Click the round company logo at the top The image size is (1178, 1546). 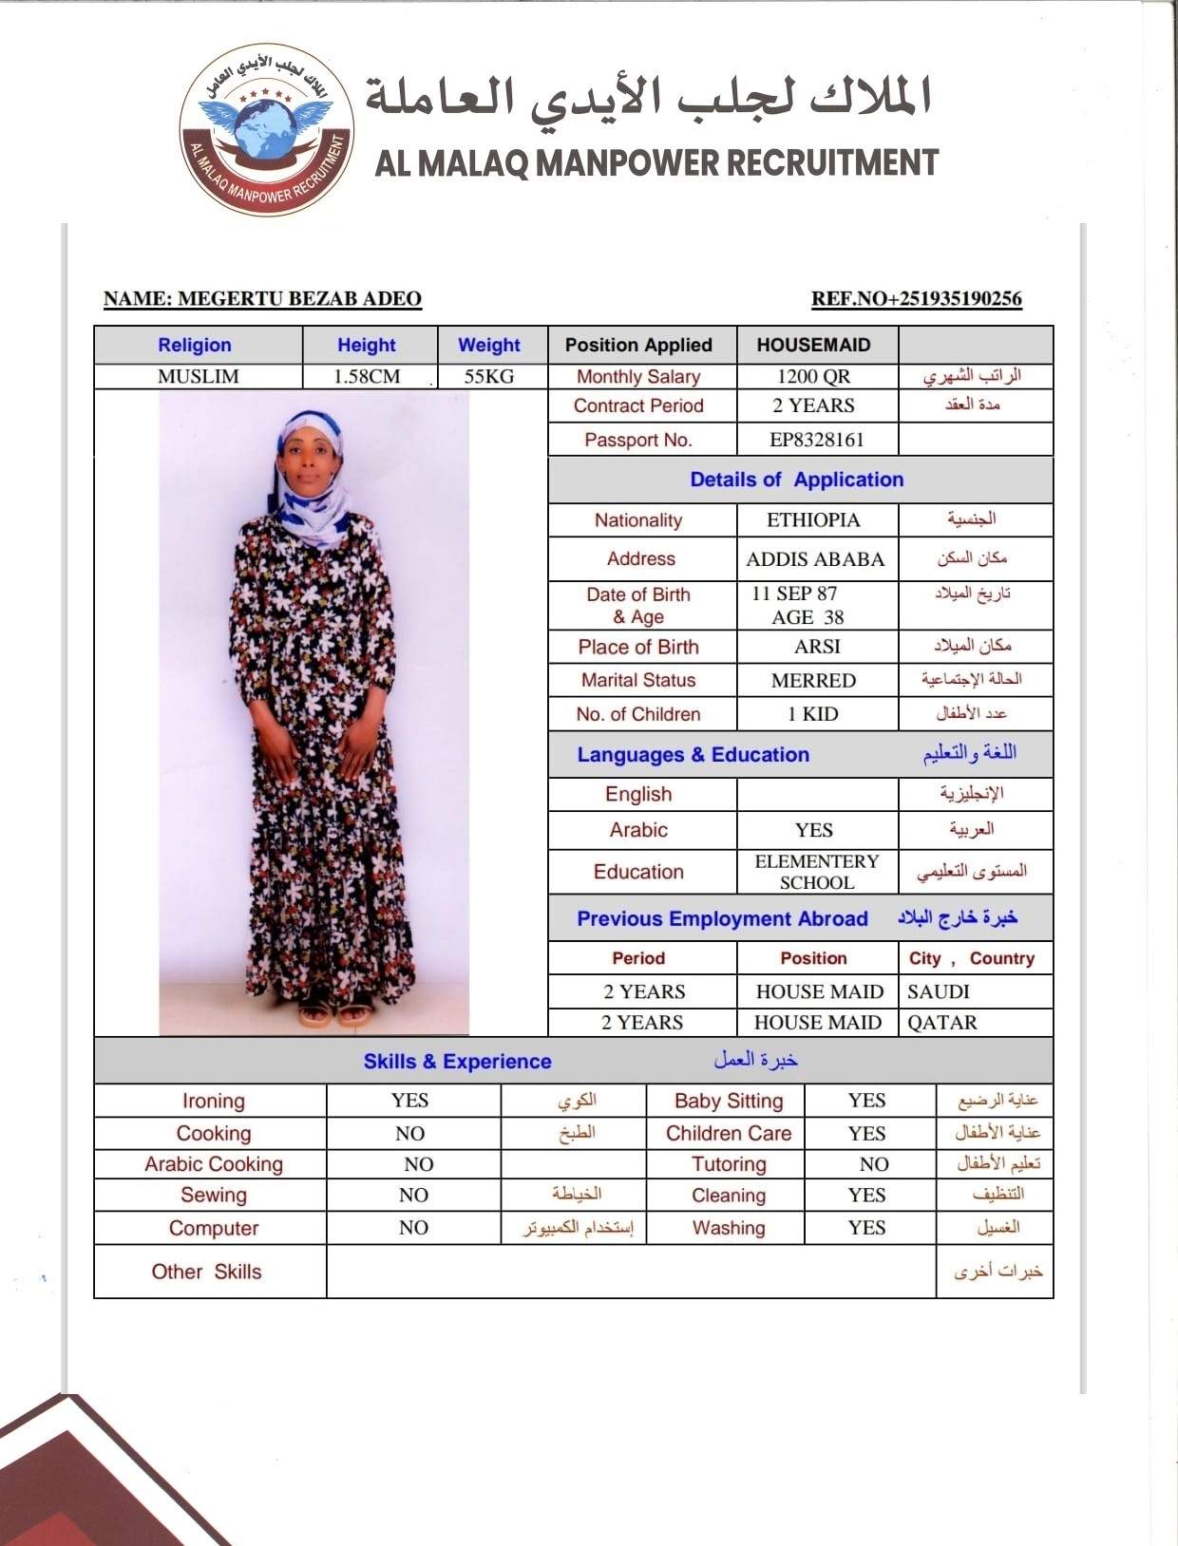(267, 129)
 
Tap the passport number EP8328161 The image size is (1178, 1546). (816, 440)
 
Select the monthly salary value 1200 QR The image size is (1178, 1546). (813, 376)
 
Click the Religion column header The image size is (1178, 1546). (195, 345)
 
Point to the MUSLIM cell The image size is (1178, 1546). (198, 376)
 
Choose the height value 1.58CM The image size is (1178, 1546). (367, 376)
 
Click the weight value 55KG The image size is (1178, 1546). (489, 376)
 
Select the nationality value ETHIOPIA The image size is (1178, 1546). (813, 520)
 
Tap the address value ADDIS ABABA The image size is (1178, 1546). (815, 559)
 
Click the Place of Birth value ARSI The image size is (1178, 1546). (817, 647)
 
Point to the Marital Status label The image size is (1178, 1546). (638, 680)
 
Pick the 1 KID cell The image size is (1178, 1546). (813, 714)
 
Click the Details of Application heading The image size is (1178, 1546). (796, 480)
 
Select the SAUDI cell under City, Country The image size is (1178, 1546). (938, 991)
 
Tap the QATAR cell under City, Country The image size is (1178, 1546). (941, 1023)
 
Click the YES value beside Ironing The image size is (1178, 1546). (409, 1101)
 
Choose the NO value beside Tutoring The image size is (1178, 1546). (873, 1164)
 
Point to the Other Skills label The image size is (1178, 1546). (206, 1272)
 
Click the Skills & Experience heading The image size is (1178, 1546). (457, 1062)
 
